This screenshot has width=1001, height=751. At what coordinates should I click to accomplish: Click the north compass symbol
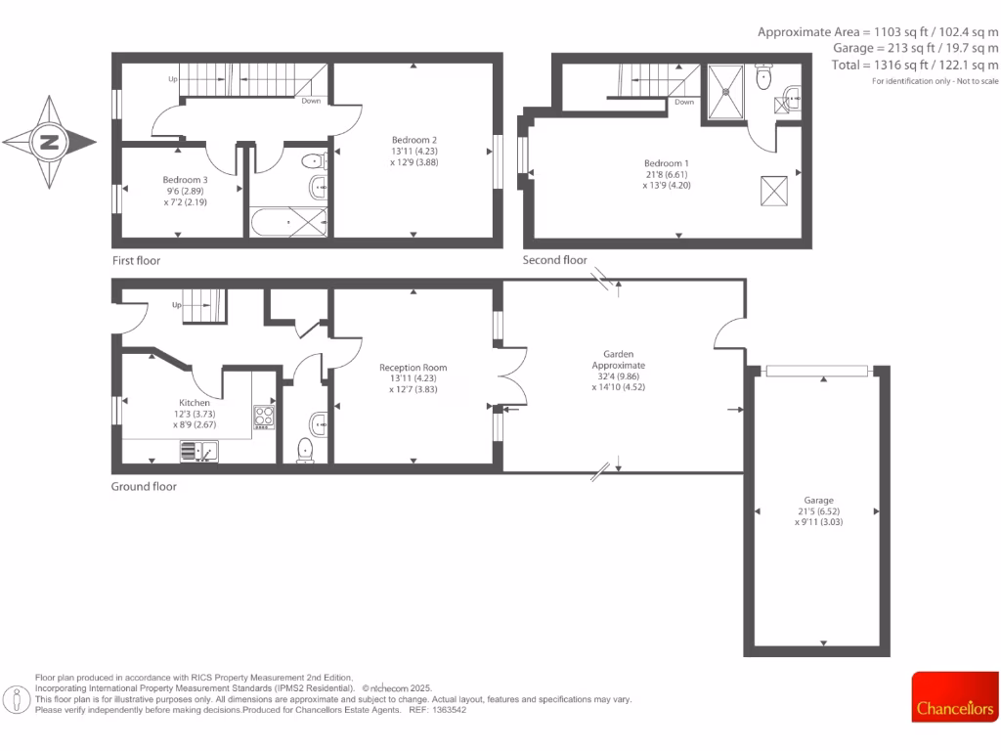click(x=49, y=143)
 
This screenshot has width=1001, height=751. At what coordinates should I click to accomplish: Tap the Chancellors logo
click(x=955, y=707)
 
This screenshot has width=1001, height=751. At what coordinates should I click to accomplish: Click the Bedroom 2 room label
click(x=413, y=140)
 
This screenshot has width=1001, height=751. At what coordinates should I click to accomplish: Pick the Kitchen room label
click(x=194, y=403)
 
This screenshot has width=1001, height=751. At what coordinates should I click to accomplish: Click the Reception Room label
click(x=413, y=368)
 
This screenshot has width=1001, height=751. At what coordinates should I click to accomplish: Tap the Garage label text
click(x=819, y=500)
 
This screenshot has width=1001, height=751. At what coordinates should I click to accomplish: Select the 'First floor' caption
click(x=136, y=261)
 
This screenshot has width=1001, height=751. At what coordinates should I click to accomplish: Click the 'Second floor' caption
click(x=555, y=260)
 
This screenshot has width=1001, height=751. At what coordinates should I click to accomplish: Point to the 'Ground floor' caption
click(x=144, y=486)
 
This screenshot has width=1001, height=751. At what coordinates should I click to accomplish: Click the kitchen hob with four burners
click(x=264, y=418)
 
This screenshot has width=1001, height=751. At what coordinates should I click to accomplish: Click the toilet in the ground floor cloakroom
click(x=305, y=450)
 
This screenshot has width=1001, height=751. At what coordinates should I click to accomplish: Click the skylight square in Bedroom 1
click(x=773, y=191)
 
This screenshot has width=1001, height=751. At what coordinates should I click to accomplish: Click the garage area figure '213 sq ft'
click(x=909, y=47)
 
